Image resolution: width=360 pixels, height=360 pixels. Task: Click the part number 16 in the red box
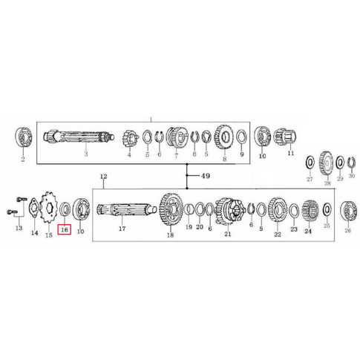(x=64, y=231)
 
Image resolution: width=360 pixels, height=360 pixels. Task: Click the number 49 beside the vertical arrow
(x=196, y=175)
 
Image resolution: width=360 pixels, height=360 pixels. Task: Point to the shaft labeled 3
(x=77, y=138)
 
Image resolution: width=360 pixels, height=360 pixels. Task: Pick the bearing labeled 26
(x=347, y=210)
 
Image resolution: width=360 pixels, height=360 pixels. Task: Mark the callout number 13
(x=19, y=229)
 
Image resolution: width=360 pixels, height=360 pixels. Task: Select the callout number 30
(x=353, y=178)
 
